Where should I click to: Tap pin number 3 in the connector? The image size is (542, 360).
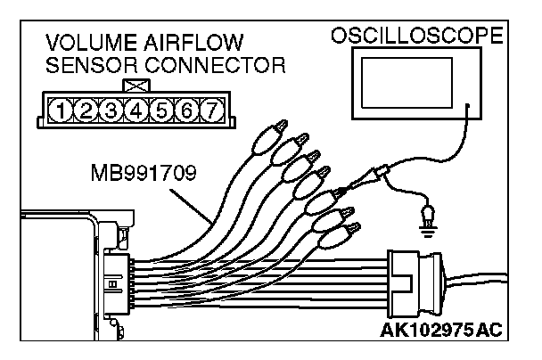[111, 111]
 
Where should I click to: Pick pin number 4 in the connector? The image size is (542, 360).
[135, 111]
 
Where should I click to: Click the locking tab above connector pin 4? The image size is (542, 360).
[135, 86]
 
